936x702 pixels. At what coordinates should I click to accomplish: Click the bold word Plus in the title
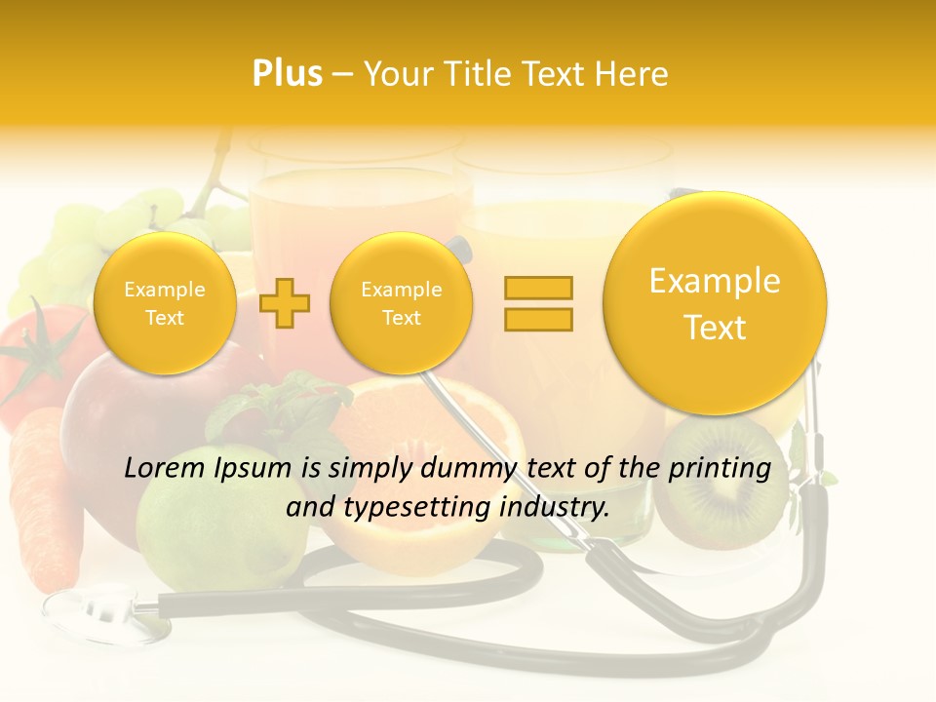287,74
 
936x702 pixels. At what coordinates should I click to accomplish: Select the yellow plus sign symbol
285,302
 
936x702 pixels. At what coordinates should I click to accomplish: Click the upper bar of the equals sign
538,288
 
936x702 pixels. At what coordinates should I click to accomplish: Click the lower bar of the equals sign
538,319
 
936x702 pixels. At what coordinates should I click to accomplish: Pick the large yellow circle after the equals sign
715,302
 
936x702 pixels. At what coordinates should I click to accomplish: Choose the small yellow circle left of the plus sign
165,302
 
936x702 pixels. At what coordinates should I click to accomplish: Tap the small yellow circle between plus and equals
402,302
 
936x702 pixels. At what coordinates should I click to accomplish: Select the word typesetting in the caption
415,507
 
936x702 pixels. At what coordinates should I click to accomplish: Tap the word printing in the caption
721,469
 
